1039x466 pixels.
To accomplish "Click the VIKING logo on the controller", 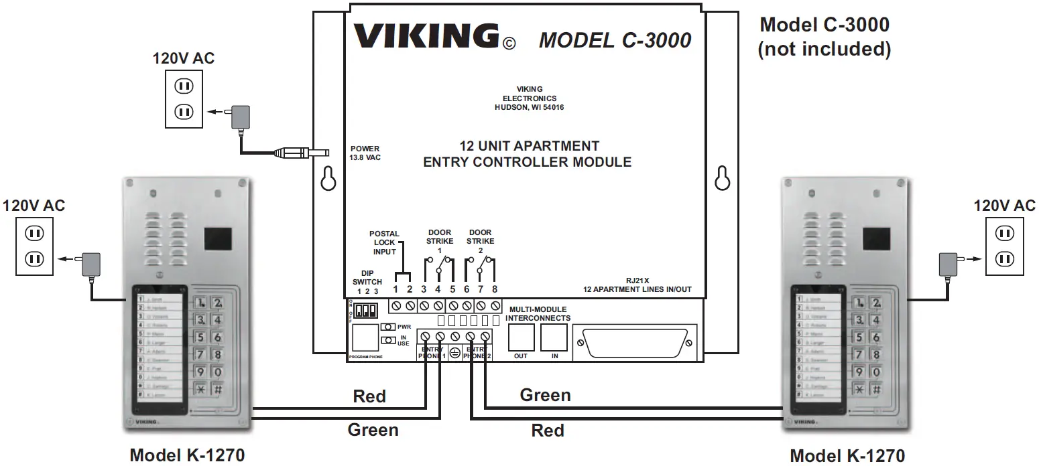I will [x=426, y=36].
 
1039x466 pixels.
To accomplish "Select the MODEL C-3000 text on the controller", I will [x=615, y=40].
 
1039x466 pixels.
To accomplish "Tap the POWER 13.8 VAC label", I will [x=365, y=153].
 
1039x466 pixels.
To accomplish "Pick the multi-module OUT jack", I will [x=521, y=338].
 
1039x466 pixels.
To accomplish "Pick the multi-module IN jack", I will [x=554, y=338].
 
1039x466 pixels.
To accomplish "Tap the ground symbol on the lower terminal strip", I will [x=455, y=352].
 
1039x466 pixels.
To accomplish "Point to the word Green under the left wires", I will [x=373, y=430].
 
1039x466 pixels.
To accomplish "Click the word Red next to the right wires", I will [x=548, y=430].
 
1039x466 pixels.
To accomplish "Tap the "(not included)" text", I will [x=824, y=49].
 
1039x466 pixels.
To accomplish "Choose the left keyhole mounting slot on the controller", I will [x=328, y=177].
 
